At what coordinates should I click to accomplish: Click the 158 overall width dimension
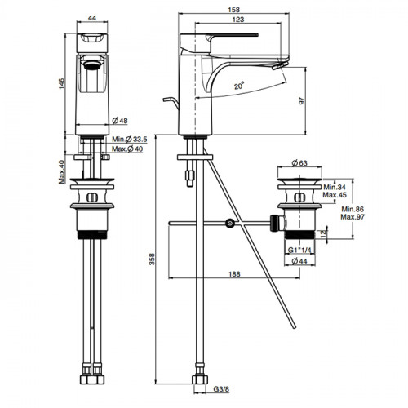coord(234,10)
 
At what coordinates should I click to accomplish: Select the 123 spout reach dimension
coord(238,20)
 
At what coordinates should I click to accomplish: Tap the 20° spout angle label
coord(239,86)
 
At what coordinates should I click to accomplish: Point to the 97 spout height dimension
coord(302,100)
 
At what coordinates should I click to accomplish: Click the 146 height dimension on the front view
coord(61,84)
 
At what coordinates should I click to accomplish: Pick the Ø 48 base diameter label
coord(120,121)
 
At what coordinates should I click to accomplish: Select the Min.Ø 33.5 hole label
coord(130,140)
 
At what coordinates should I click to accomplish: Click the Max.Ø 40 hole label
coord(127,149)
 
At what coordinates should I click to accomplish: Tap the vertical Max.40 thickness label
coord(62,172)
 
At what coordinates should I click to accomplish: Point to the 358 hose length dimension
coord(152,259)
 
